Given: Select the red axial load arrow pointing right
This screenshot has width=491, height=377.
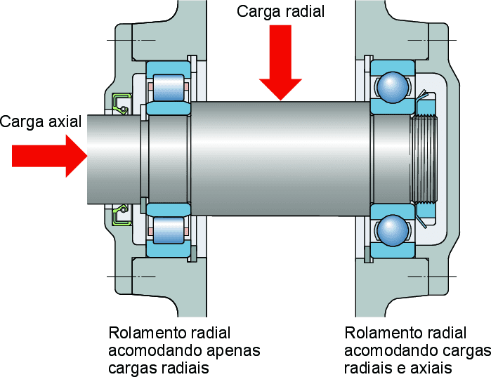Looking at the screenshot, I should (x=49, y=155).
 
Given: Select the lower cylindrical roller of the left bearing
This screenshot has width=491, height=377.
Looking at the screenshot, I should (x=169, y=229).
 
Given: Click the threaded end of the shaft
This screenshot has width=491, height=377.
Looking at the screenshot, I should (x=423, y=159).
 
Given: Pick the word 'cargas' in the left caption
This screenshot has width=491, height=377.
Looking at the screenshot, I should (x=132, y=368).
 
